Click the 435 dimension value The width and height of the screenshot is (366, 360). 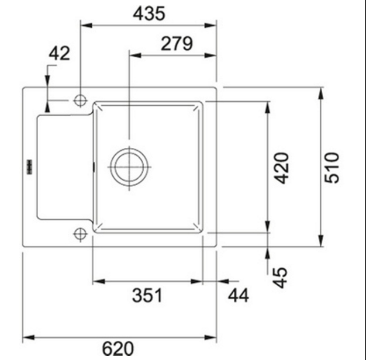149,13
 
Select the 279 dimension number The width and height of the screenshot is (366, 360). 177,44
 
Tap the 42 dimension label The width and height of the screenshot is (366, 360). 59,53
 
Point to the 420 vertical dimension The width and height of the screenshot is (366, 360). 281,168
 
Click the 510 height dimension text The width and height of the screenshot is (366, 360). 332,168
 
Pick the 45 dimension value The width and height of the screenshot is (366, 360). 280,278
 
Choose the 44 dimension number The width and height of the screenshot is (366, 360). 239,295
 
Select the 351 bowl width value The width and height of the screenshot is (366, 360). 147,295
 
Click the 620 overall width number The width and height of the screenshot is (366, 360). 118,348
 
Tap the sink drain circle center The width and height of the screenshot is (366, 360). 129,167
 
